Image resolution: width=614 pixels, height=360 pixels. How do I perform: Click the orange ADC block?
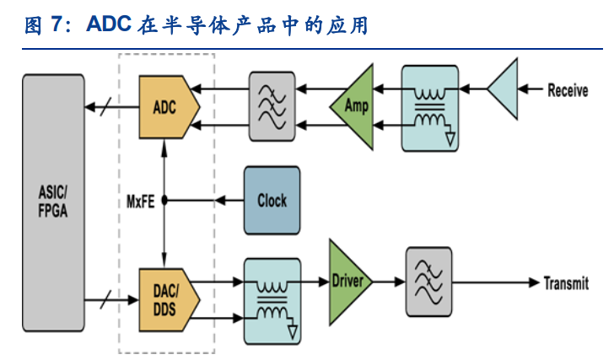pos(168,107)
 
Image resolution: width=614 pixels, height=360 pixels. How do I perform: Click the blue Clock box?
pos(271,201)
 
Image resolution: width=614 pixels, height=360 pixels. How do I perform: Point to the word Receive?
pos(568,90)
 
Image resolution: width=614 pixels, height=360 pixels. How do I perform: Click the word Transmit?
pos(566,283)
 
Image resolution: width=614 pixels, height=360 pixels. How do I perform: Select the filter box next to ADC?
pos(272,106)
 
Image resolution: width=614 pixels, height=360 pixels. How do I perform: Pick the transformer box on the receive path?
pos(429,108)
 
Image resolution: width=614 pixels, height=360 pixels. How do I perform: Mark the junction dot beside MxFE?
pos(165,201)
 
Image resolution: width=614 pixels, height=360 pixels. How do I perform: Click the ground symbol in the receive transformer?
pos(450,137)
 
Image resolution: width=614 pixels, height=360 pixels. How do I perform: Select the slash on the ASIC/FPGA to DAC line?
pos(105,298)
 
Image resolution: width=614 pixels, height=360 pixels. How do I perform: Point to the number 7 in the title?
pos(57,24)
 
